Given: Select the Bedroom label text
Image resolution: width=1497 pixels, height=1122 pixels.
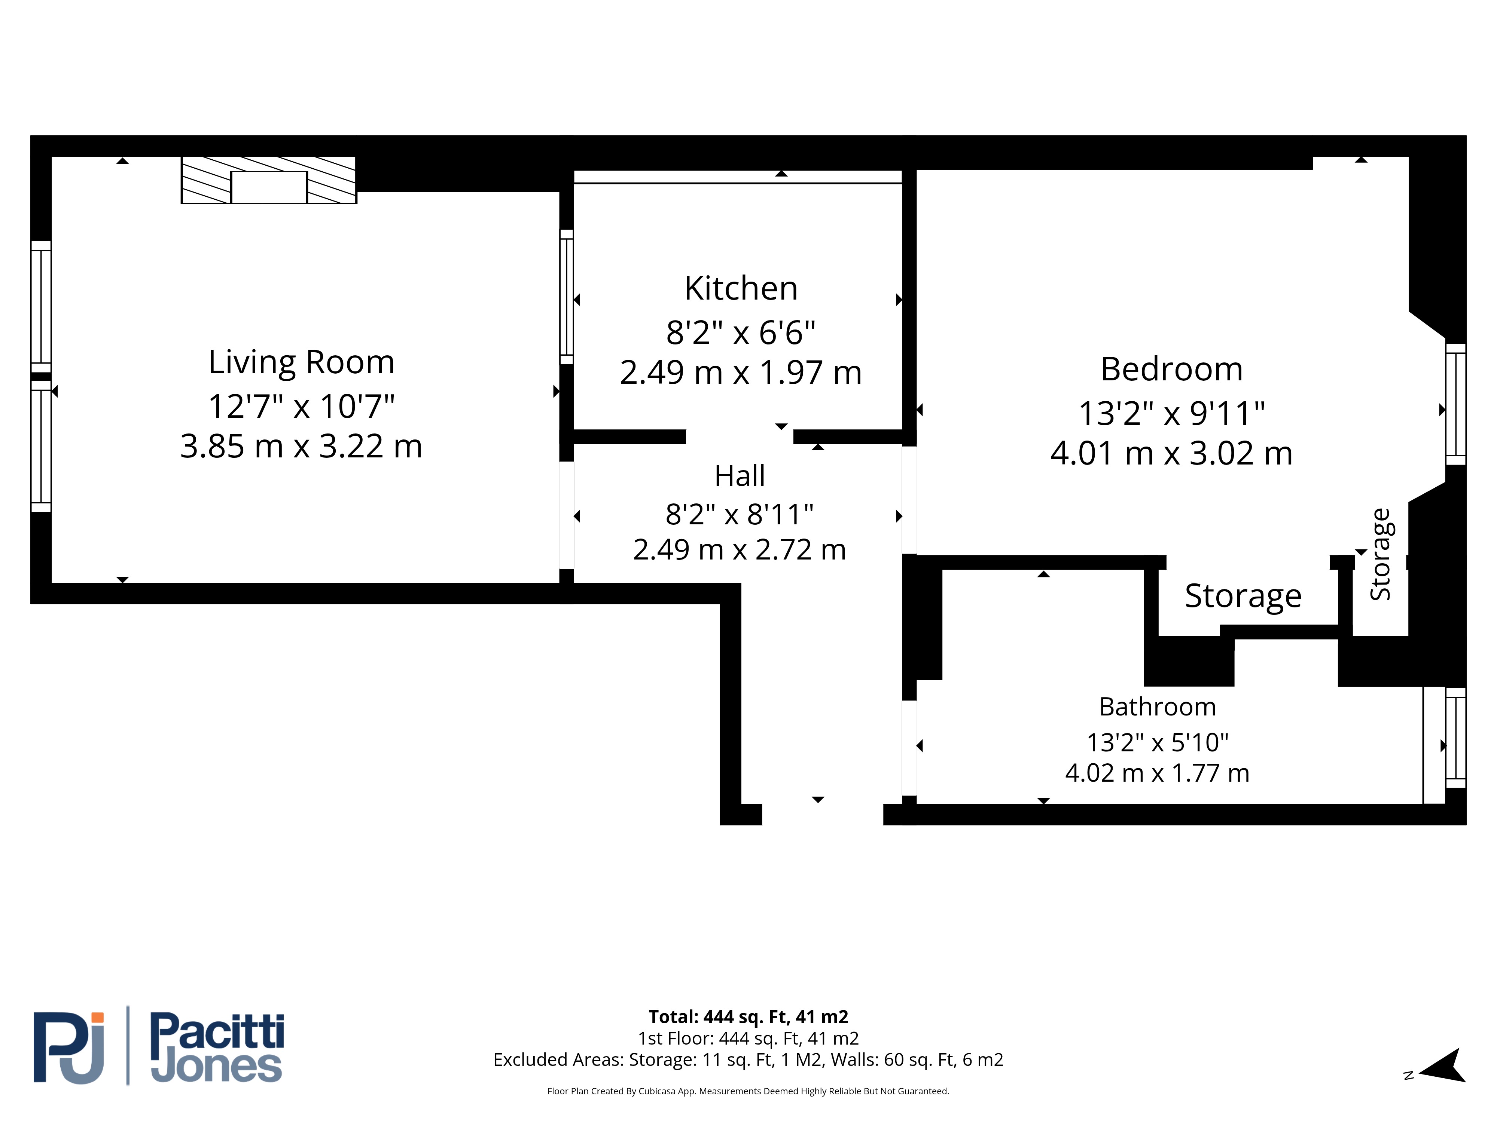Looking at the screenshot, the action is point(1171,369).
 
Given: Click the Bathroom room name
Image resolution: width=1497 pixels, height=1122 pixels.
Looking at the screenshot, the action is point(1157,707).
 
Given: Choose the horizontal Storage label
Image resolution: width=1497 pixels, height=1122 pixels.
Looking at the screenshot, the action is point(1243,596).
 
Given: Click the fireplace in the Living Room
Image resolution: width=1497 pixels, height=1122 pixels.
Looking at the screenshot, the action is point(269,180).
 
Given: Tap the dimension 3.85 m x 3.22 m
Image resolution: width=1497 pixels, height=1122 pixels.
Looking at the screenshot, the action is point(301,446).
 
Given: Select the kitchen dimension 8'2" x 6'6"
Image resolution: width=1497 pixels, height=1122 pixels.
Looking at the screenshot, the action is point(741,333).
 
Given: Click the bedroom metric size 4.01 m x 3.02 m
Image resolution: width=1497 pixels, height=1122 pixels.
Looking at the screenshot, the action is point(1171,453).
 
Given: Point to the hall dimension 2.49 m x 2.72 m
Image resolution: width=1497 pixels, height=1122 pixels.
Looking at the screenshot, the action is point(740,550).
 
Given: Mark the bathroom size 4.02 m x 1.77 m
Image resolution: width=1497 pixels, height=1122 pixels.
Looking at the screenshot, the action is point(1157,773).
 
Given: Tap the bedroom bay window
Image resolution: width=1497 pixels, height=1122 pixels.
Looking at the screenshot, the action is point(1455,404).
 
